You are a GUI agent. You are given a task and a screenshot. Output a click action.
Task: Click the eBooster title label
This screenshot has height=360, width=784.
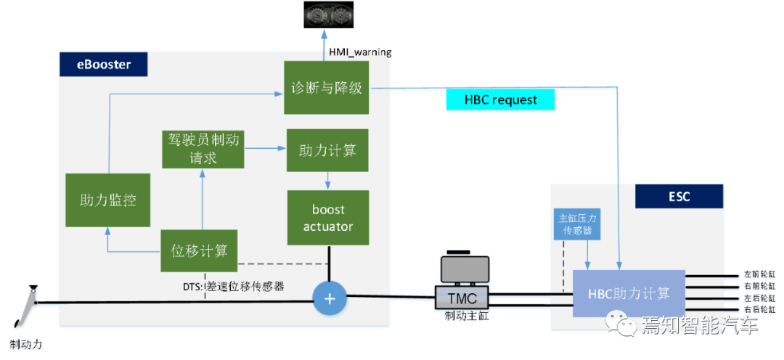point(104,65)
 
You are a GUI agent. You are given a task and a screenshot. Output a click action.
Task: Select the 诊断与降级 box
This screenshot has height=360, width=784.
point(327,88)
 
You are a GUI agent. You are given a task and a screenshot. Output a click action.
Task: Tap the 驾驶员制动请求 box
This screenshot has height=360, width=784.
point(203,149)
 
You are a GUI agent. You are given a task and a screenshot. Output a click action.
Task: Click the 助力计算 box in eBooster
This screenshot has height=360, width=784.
point(327,150)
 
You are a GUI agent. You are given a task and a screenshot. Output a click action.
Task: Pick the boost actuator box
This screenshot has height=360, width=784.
point(328,218)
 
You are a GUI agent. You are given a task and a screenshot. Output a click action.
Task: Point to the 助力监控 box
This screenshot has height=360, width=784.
point(107,200)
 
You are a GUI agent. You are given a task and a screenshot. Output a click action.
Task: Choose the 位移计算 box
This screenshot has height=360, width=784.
point(199,251)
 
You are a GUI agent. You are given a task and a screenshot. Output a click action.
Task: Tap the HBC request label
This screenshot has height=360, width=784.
point(501,100)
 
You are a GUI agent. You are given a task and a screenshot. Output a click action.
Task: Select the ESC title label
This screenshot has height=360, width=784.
point(679,197)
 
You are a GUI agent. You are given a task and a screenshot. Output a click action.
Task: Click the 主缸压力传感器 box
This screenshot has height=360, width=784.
point(577,224)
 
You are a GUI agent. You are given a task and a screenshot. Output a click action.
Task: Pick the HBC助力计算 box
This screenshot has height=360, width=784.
point(629,293)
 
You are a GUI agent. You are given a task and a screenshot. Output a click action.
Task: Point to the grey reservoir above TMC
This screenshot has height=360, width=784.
point(465,269)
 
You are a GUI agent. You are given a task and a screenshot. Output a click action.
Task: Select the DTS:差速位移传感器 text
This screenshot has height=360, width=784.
point(233,287)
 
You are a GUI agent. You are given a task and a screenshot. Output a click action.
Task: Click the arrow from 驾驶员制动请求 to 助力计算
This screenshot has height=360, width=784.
point(265,149)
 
